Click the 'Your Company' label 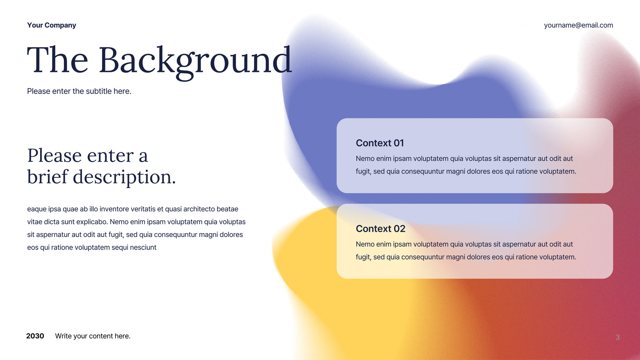pyautogui.click(x=52, y=25)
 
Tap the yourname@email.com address pyautogui.click(x=578, y=25)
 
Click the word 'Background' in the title pyautogui.click(x=195, y=61)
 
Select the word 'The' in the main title pyautogui.click(x=57, y=60)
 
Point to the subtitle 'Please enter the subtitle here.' pyautogui.click(x=79, y=91)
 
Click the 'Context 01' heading pyautogui.click(x=380, y=143)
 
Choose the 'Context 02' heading pyautogui.click(x=380, y=229)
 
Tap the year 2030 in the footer pyautogui.click(x=35, y=336)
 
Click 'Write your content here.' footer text pyautogui.click(x=93, y=336)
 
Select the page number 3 pyautogui.click(x=617, y=337)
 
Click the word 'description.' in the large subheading pyautogui.click(x=124, y=177)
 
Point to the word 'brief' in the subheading pyautogui.click(x=47, y=177)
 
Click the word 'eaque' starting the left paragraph pyautogui.click(x=37, y=209)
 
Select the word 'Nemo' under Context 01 pyautogui.click(x=365, y=159)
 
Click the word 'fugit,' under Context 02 pyautogui.click(x=364, y=257)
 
